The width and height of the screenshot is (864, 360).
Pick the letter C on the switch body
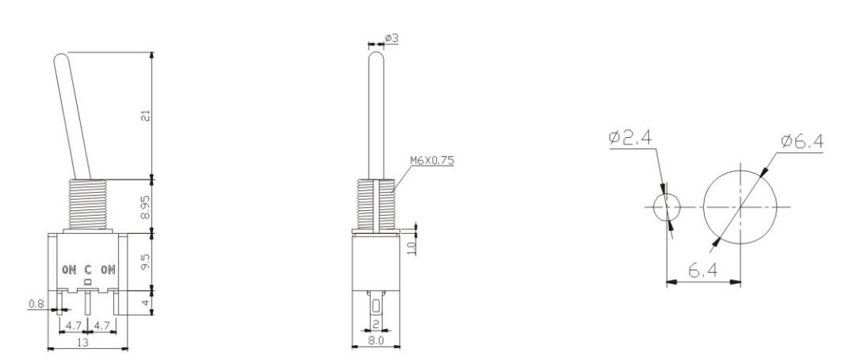point(88,270)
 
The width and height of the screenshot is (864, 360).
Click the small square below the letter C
point(88,281)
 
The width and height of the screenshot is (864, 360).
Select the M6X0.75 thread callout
point(431,160)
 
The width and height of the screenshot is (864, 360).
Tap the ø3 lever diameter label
point(392,38)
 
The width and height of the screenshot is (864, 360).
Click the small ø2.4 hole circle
point(667,208)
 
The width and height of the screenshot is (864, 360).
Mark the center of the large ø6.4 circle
point(740,208)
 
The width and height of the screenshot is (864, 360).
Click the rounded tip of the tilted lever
point(61,59)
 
